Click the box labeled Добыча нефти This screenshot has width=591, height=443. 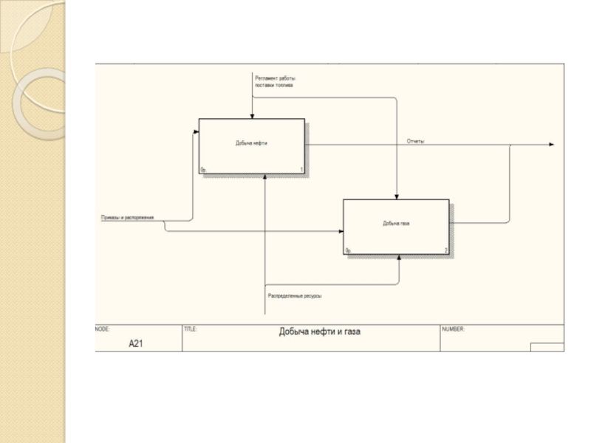click(251, 145)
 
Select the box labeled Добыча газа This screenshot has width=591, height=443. click(396, 226)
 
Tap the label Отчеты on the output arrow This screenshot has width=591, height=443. click(415, 141)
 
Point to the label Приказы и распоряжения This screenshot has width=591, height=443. click(127, 218)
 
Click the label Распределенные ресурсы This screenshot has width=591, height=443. click(294, 296)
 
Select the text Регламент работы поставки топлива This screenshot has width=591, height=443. click(274, 81)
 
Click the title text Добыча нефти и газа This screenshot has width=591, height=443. click(319, 332)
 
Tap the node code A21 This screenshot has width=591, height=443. click(136, 343)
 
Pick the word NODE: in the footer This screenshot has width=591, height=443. click(103, 329)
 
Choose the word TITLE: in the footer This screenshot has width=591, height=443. click(190, 329)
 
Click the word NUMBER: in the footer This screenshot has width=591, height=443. click(453, 329)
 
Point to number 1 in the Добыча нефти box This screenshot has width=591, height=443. click(301, 171)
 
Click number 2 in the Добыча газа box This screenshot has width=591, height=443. click(445, 251)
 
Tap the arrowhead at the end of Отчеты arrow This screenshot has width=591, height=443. click(550, 145)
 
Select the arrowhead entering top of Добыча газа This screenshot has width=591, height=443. click(397, 196)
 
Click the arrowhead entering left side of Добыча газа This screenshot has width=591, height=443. click(341, 232)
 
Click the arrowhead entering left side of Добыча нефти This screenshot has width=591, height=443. click(196, 132)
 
